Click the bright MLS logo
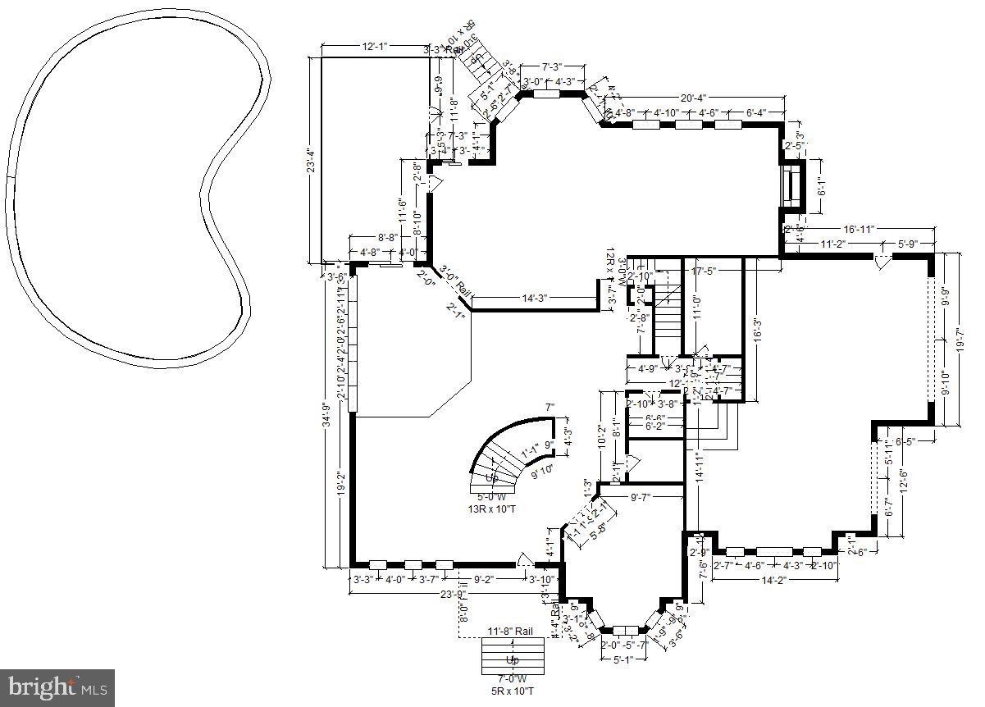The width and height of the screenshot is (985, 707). pos(57,687)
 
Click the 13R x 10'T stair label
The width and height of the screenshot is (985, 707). pos(492,509)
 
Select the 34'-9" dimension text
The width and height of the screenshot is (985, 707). pos(326,421)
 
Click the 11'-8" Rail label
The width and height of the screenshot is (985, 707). pos(511,631)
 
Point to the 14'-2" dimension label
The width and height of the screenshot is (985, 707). pos(774,581)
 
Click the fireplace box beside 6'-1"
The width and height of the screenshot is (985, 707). pos(793,187)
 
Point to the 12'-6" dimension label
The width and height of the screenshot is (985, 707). pos(902,478)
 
